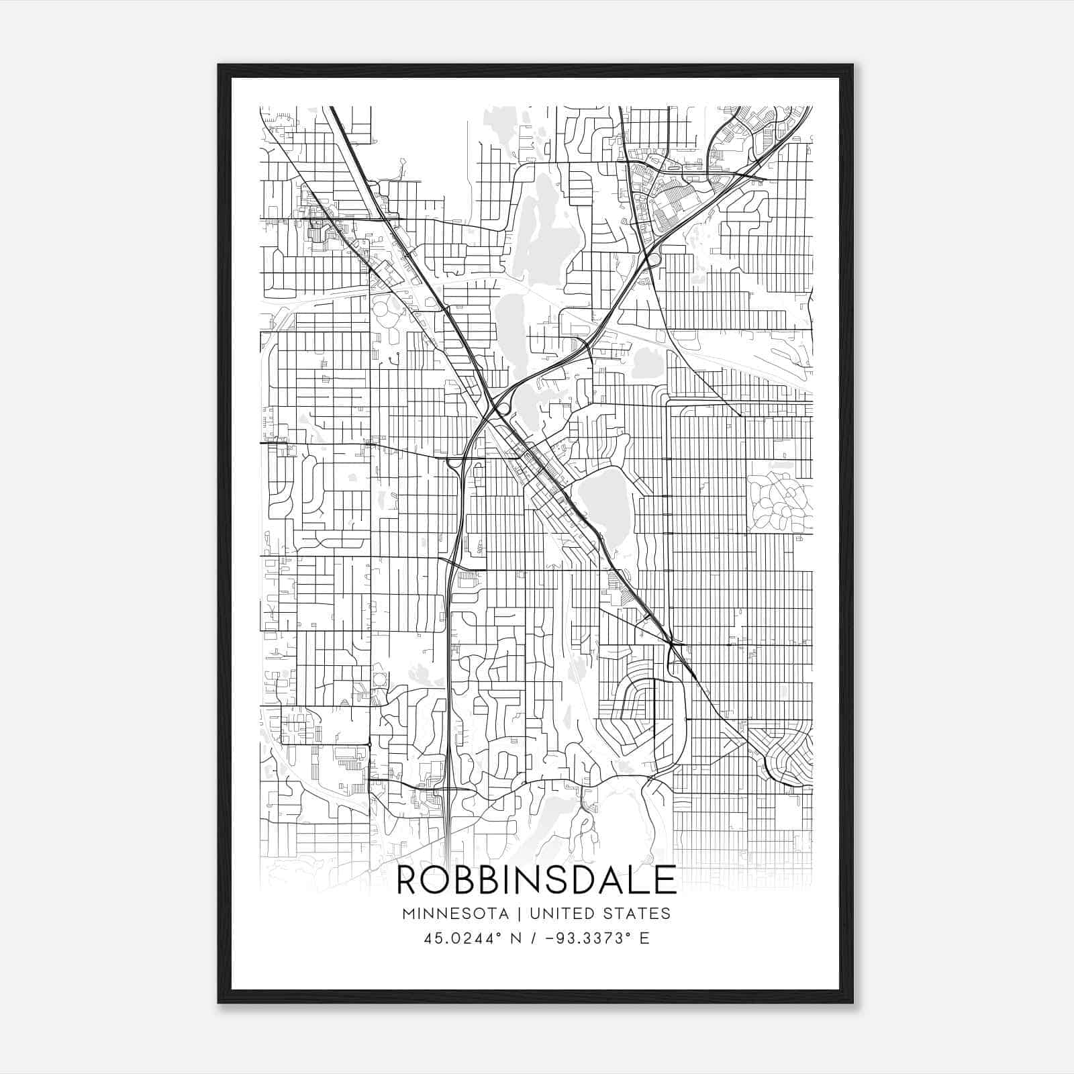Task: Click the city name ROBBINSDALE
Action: click(536, 880)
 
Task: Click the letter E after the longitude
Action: click(644, 938)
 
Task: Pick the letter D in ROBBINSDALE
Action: click(586, 880)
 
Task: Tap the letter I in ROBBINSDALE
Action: click(512, 880)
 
